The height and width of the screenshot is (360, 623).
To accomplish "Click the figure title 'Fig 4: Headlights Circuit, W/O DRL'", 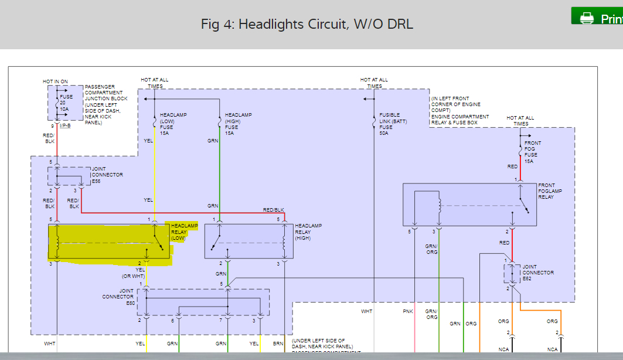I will (x=307, y=24).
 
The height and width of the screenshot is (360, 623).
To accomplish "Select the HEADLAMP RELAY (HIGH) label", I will (x=308, y=232).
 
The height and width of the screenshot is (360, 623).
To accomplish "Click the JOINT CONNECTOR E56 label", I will (x=107, y=175).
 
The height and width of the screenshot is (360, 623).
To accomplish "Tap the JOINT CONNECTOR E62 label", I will (x=537, y=273).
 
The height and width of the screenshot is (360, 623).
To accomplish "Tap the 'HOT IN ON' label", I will (x=55, y=81).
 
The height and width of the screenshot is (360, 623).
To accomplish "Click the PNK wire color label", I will (x=408, y=311).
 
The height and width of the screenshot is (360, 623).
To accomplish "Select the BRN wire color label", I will (x=277, y=344).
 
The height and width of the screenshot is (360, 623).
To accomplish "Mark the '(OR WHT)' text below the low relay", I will (x=133, y=276).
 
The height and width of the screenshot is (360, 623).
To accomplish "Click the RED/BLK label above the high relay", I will (x=273, y=210).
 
